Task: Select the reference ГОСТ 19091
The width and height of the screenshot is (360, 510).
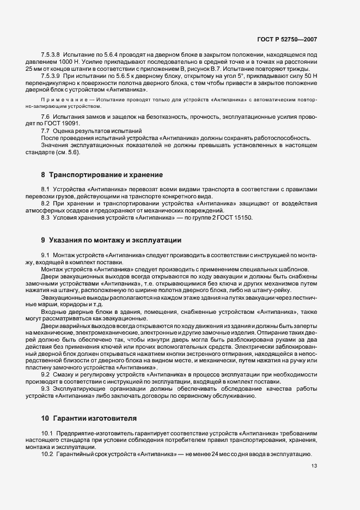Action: (75, 124)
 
